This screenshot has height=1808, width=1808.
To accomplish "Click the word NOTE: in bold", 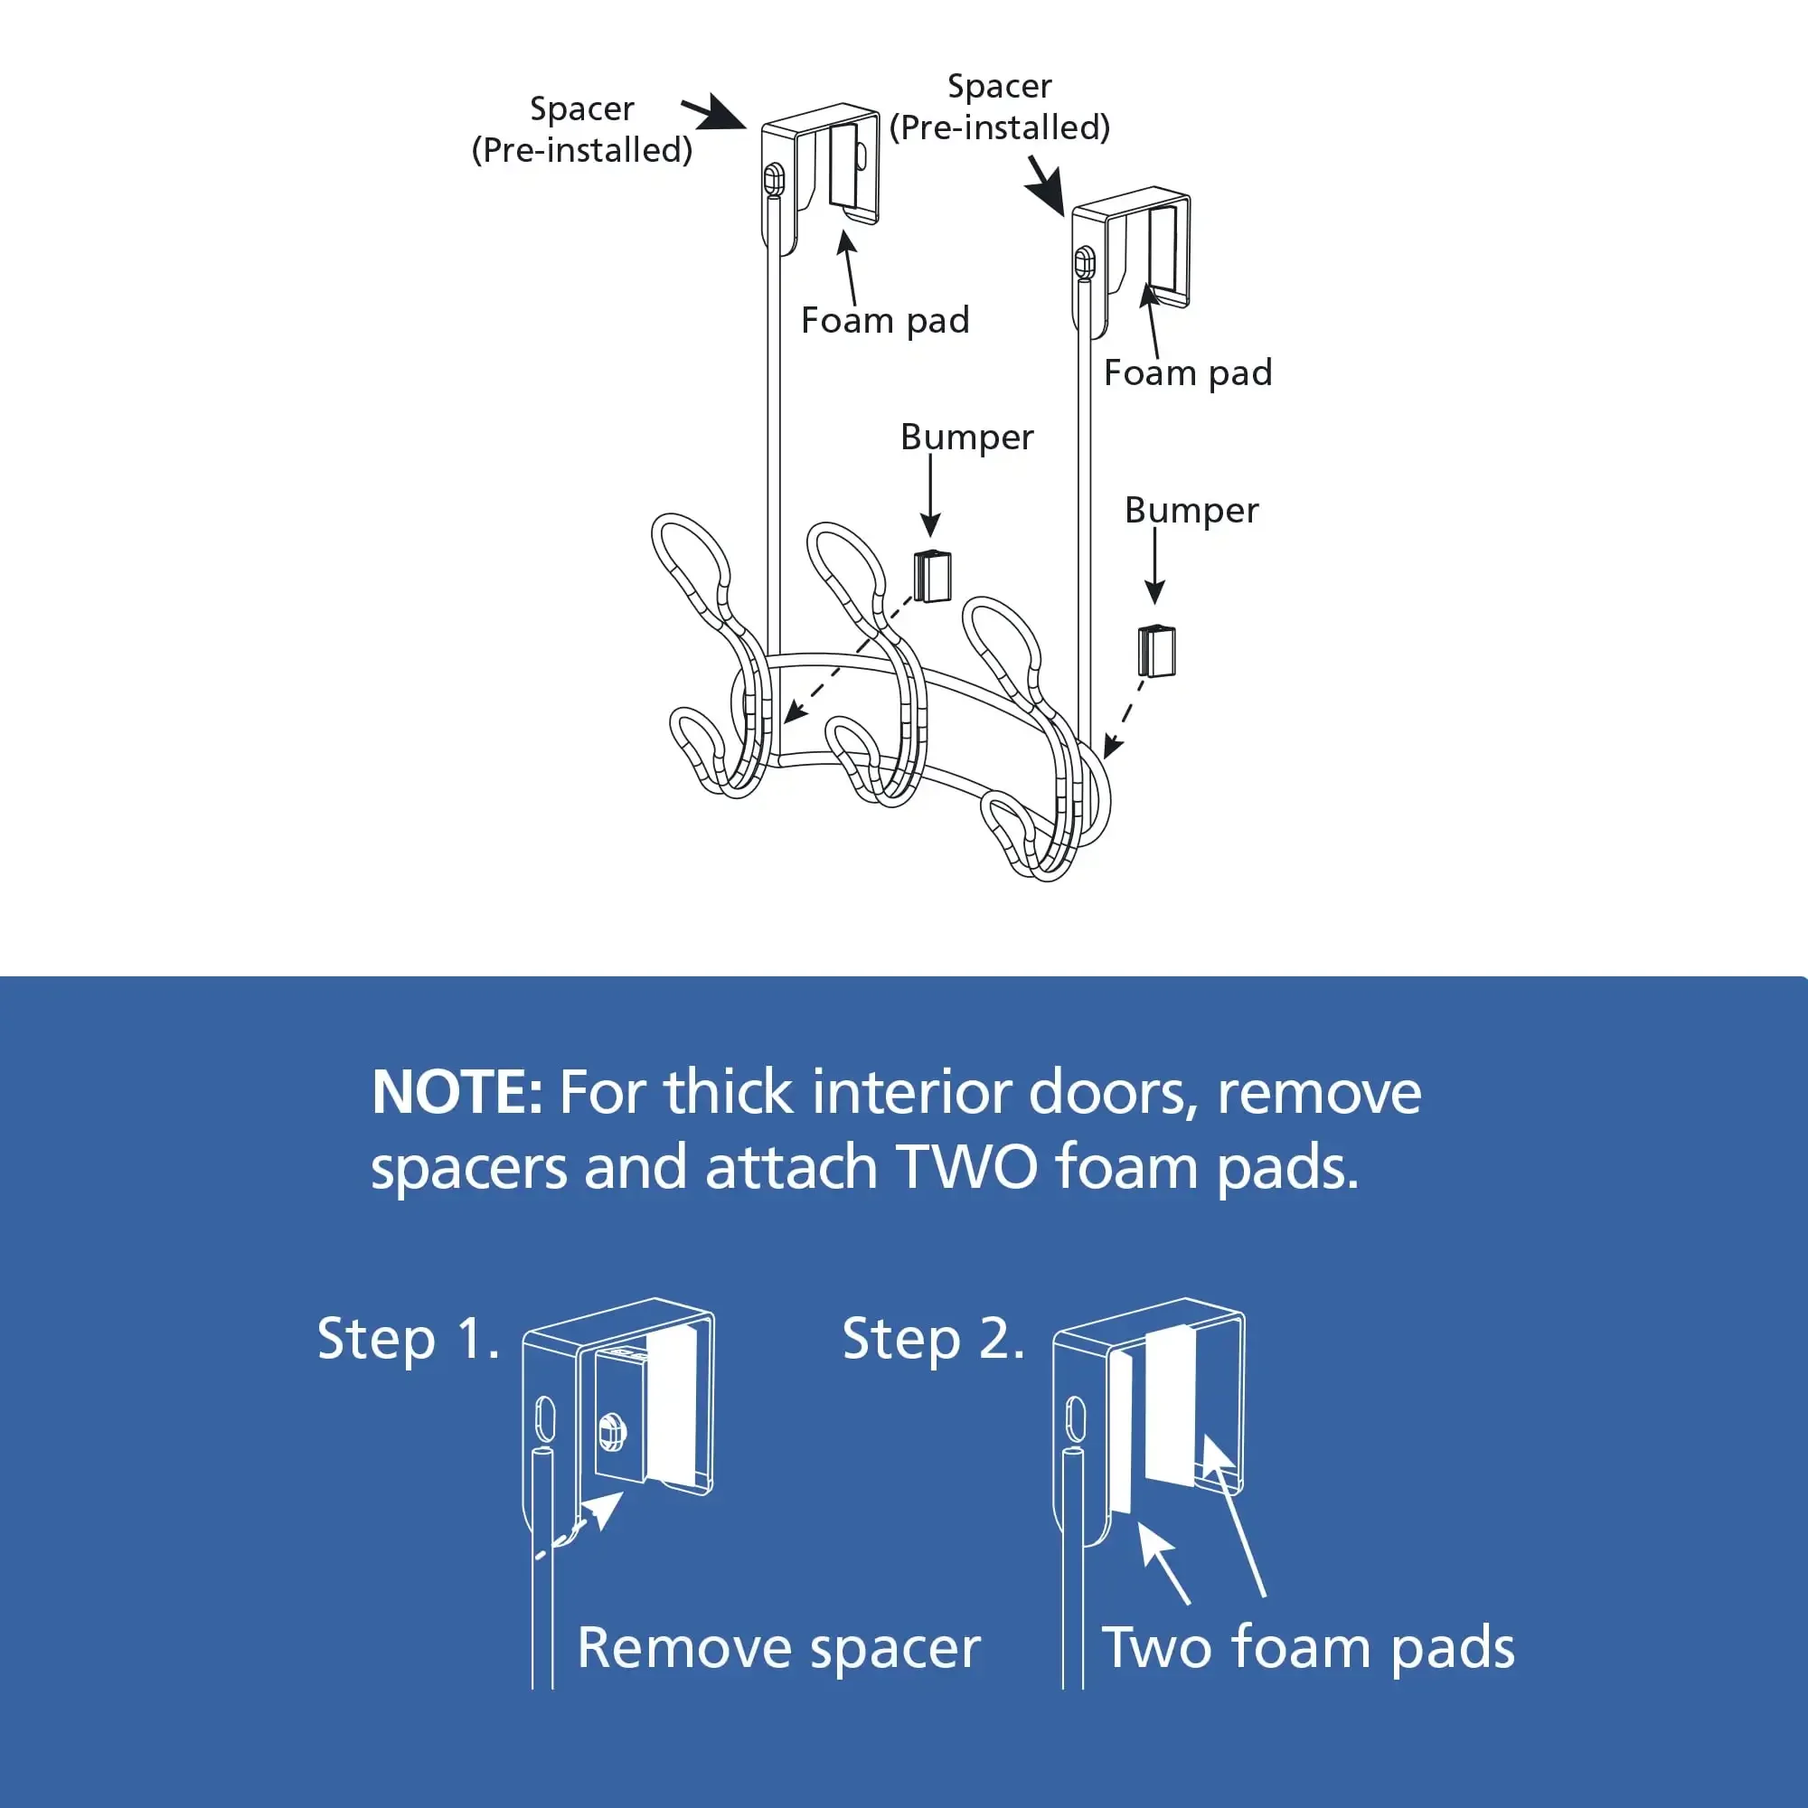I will click(x=456, y=1092).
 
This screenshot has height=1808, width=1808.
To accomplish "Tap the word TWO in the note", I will click(x=966, y=1168).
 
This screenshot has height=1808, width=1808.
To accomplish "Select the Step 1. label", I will click(x=407, y=1338).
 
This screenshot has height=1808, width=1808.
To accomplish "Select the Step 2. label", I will click(x=933, y=1338).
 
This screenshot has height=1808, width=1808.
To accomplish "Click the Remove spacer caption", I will click(x=778, y=1648).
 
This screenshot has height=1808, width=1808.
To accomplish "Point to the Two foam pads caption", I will click(x=1307, y=1648).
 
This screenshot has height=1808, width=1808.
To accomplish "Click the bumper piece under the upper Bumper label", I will click(x=932, y=577).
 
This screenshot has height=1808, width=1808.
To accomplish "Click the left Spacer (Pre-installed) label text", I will click(x=582, y=129).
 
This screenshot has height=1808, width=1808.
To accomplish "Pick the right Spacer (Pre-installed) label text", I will click(x=1000, y=107).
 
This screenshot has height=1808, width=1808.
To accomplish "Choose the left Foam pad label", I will click(x=885, y=320).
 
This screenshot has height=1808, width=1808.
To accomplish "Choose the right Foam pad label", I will click(x=1188, y=372).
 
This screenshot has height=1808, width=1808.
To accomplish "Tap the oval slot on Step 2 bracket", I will click(x=1076, y=1417).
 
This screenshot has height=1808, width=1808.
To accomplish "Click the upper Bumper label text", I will click(x=966, y=437).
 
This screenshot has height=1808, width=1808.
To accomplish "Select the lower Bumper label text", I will click(x=1191, y=510).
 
